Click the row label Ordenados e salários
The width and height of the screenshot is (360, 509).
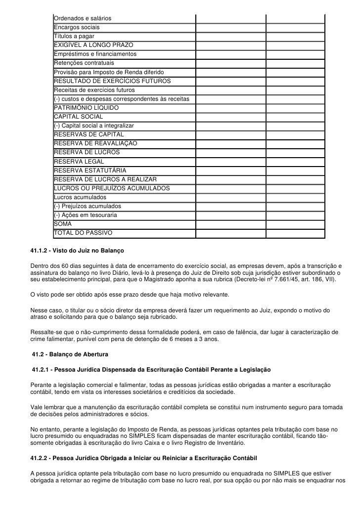(83, 19)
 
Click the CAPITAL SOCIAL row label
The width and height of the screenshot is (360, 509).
(79, 117)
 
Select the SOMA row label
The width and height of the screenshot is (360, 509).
(63, 224)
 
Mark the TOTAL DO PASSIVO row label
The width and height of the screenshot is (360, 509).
(83, 233)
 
